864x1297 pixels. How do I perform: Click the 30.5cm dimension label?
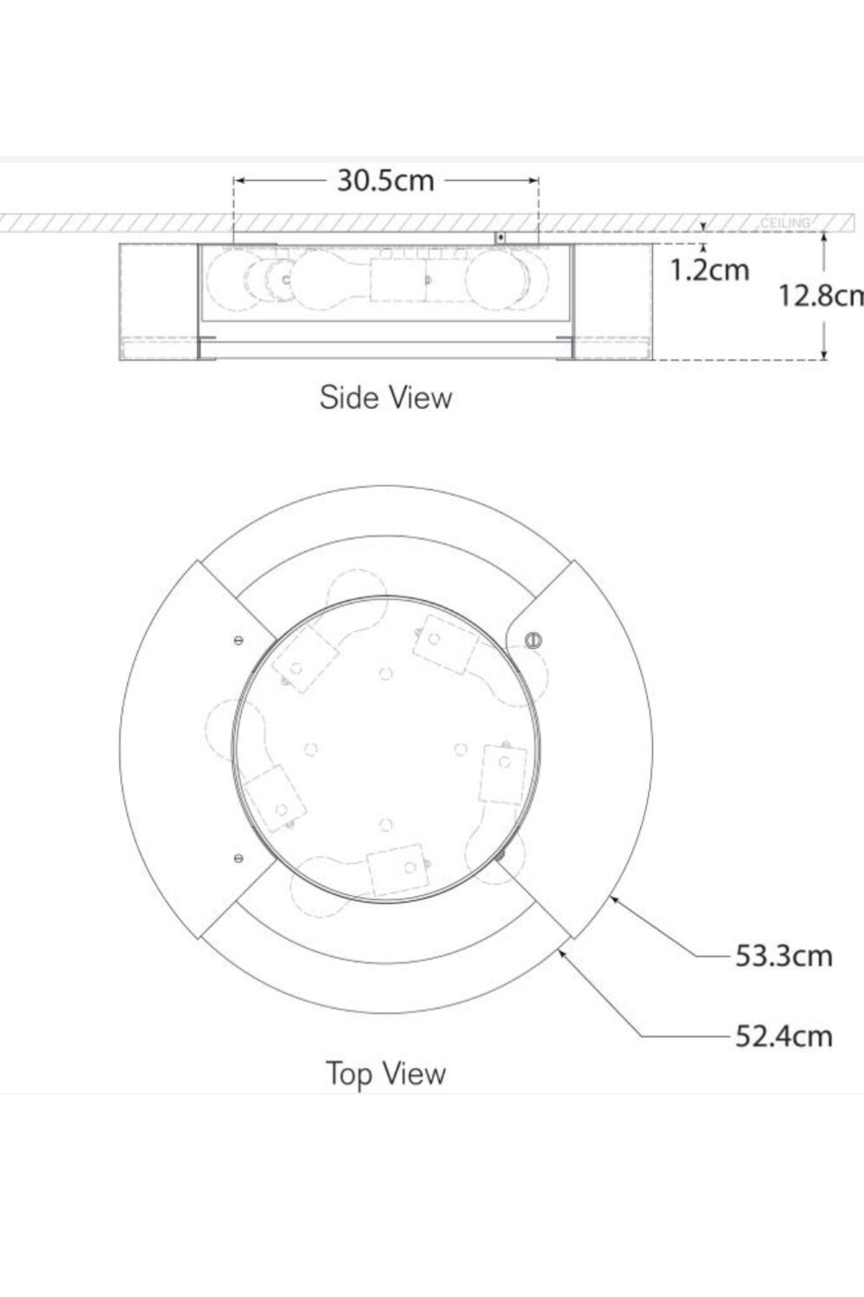(385, 181)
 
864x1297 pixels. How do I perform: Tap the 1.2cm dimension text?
(709, 270)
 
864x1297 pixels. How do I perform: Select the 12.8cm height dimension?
(820, 296)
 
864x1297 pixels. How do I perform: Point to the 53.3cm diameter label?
(784, 955)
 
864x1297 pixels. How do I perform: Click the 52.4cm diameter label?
(784, 1035)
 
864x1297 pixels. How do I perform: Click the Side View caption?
(385, 398)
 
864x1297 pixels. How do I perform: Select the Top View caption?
(385, 1074)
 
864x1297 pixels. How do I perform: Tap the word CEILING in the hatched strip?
(785, 223)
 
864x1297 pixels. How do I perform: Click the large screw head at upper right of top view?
(533, 641)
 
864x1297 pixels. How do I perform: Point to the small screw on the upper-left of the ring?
(238, 641)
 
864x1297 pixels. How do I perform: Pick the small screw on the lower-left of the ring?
(238, 858)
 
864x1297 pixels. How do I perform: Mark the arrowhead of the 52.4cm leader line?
(562, 951)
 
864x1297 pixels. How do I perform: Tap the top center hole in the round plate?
(386, 674)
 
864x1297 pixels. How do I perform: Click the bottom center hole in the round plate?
(386, 825)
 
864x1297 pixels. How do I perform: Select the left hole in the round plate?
(311, 749)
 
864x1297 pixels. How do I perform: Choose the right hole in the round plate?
(461, 749)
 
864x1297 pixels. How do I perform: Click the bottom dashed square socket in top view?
(397, 868)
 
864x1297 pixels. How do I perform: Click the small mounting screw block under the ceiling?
(499, 237)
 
